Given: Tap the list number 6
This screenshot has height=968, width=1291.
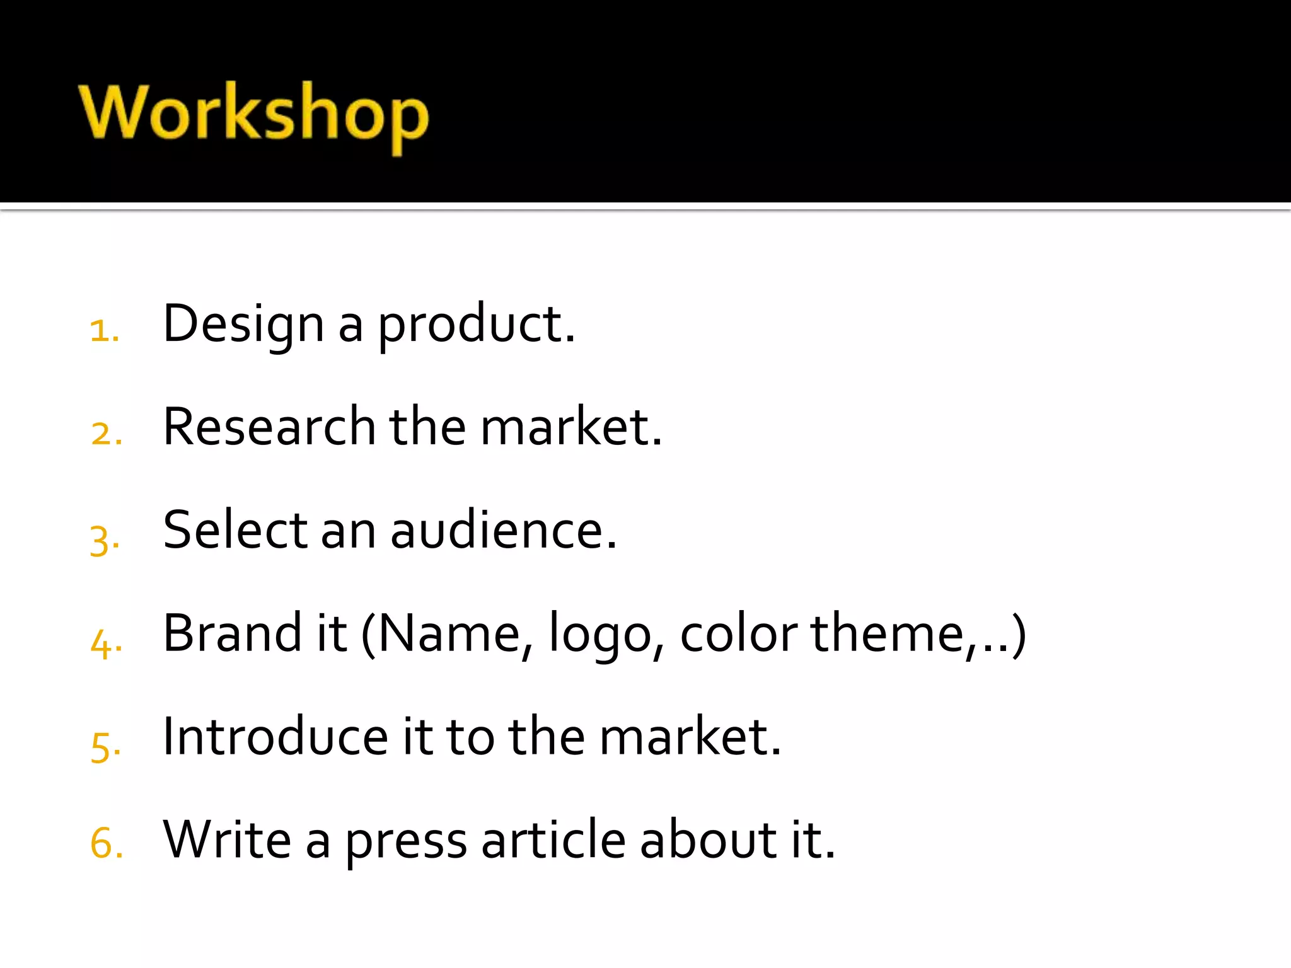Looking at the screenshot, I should tap(106, 843).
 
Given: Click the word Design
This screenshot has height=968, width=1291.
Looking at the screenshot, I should tap(243, 324).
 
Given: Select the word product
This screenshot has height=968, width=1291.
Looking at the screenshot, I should tap(476, 324).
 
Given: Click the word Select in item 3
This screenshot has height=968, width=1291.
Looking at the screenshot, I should tap(235, 530).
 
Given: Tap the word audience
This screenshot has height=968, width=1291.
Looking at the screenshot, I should tap(503, 530).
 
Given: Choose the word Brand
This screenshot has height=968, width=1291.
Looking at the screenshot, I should tap(233, 633).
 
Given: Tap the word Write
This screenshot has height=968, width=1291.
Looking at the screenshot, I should tap(227, 839).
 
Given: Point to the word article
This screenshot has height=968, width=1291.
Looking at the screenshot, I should tap(553, 839).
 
